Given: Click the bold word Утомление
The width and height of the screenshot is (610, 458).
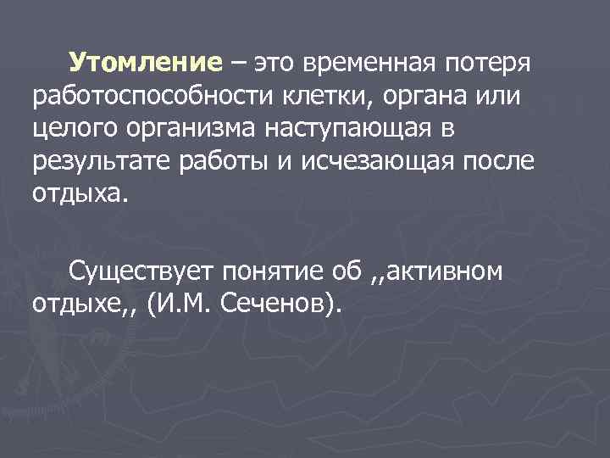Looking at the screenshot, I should [145, 63].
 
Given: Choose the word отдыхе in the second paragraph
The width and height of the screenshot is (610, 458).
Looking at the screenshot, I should [77, 304].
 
